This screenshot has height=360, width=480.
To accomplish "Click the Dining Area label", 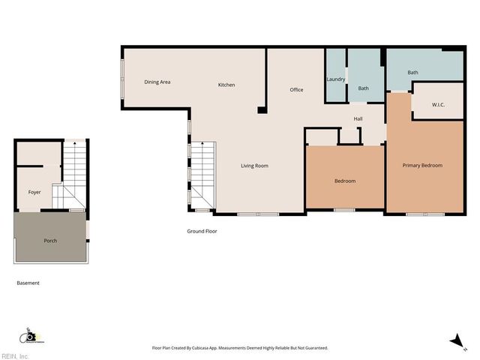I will coord(157,82).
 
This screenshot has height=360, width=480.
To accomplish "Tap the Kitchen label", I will coord(226,85).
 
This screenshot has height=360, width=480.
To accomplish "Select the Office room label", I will coord(296,90).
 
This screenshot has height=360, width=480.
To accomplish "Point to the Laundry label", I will coord(335,79).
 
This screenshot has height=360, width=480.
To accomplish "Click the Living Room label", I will coord(254,166).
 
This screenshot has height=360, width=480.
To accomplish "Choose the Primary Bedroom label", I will coord(422,166).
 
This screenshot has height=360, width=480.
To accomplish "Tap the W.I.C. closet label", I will coord(439,105).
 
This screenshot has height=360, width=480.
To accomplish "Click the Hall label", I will coord(358,118).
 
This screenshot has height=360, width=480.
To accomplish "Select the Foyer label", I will coord(34,192).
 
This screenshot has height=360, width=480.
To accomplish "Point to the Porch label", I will coord(50,241).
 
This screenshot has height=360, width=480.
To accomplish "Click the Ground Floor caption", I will coord(202,231).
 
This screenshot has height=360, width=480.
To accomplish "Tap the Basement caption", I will coord(28,283).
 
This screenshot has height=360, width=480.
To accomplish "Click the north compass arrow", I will coord(454,341).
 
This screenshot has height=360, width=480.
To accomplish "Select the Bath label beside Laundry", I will coord(363,88).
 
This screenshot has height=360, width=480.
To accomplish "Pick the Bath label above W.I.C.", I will coord(412,72).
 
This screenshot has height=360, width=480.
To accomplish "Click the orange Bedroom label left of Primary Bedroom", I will coord(344,181).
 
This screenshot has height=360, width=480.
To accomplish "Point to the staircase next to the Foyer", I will coord(74,176).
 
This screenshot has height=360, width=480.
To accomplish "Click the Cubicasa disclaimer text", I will coord(240,348).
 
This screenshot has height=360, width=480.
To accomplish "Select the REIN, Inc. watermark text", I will coord(15,356).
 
